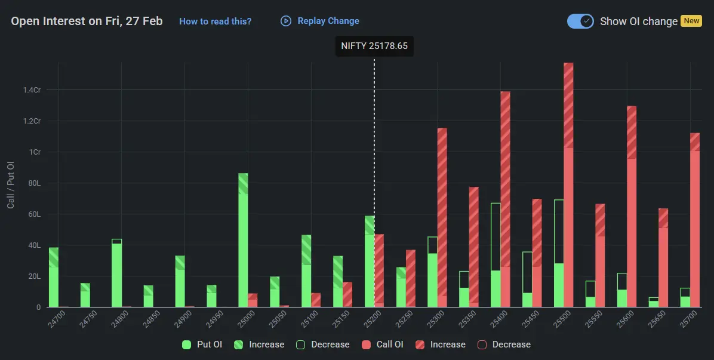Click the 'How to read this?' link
tap(215, 21)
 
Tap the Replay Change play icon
tap(286, 21)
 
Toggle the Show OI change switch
tap(580, 21)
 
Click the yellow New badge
tap(691, 21)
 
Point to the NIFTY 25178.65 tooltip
tap(374, 46)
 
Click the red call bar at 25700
tap(694, 221)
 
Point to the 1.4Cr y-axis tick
tap(32, 90)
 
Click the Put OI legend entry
tap(203, 344)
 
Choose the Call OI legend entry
tap(384, 344)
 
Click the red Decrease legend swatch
tap(482, 344)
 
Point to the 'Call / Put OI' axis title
tap(11, 185)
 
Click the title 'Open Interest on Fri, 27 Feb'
tap(87, 21)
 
